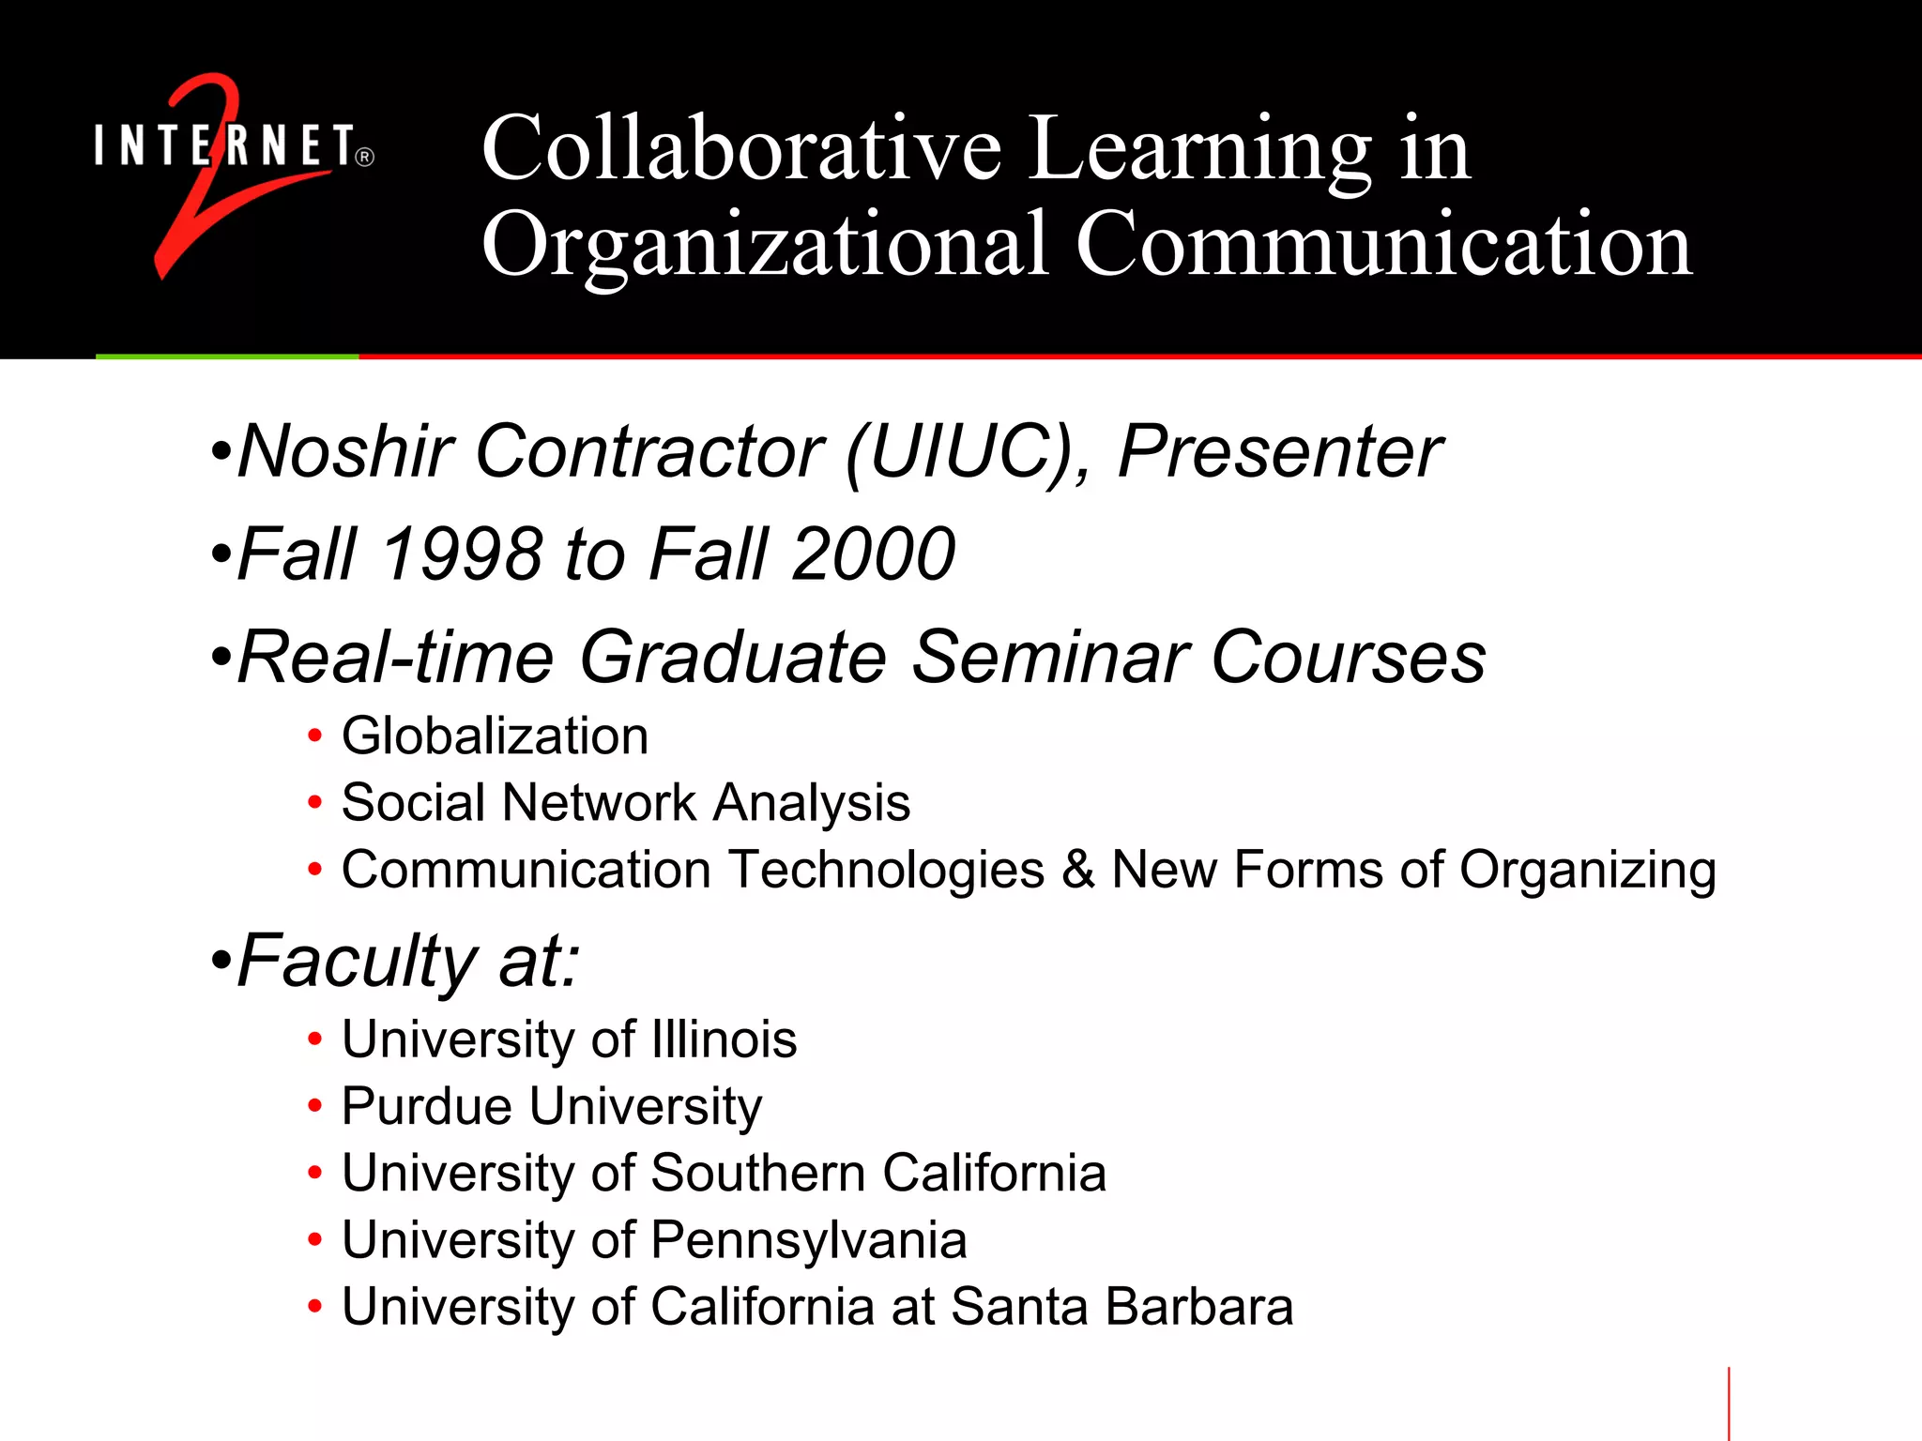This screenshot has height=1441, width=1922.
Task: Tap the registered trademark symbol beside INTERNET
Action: [365, 157]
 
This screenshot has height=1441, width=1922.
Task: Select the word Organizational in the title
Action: [764, 246]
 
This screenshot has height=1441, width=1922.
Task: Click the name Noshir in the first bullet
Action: [346, 452]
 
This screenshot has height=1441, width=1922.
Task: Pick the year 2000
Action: [873, 554]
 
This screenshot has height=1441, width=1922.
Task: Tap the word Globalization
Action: [495, 736]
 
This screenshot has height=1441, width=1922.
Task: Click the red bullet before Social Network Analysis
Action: [315, 803]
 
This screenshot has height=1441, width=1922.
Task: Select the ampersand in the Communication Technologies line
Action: [1078, 870]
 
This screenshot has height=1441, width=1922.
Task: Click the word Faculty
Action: [358, 962]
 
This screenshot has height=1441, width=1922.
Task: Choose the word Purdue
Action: [427, 1106]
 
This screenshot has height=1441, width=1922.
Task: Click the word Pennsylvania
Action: [808, 1240]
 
